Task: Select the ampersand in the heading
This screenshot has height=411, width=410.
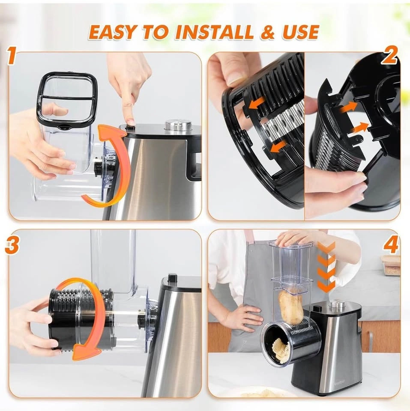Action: click(268, 32)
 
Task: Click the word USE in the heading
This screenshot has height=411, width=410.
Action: click(300, 32)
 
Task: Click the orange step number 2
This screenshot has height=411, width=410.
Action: click(389, 56)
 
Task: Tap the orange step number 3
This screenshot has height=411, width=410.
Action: click(12, 245)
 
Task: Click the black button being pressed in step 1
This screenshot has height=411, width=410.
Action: click(130, 128)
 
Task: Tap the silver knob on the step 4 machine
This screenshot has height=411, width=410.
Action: click(337, 305)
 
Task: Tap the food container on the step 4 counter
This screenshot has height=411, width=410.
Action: click(391, 266)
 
